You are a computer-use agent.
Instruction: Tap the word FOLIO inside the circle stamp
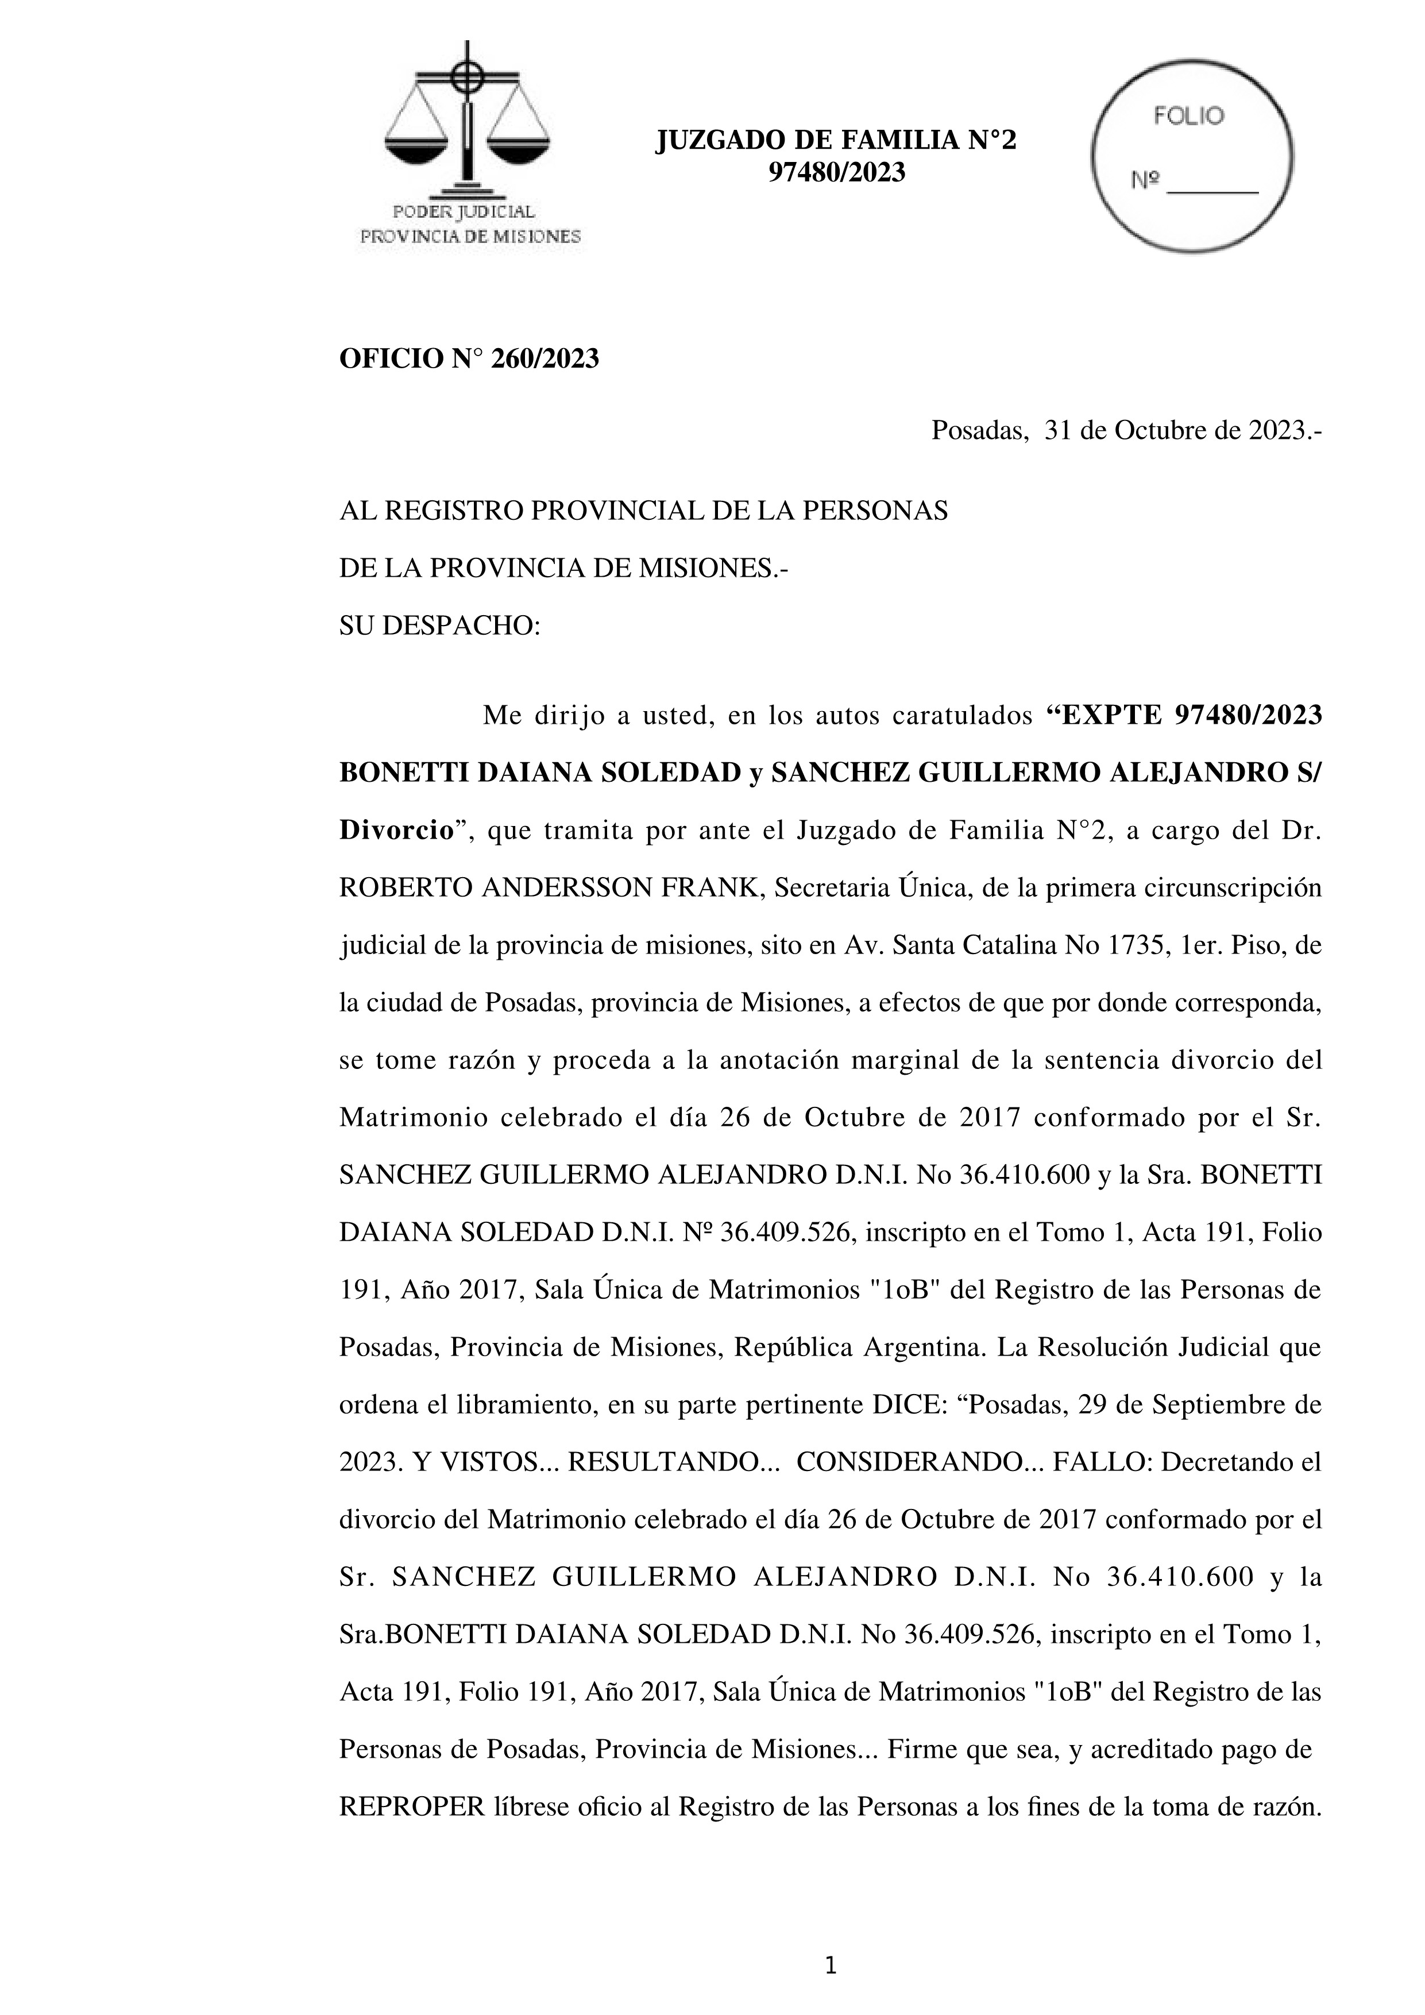pyautogui.click(x=1188, y=117)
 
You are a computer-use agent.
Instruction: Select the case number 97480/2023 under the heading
pyautogui.click(x=836, y=173)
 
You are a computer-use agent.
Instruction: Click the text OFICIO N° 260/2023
pyautogui.click(x=469, y=359)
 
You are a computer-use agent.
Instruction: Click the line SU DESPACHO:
pyautogui.click(x=439, y=627)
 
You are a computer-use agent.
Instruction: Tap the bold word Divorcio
pyautogui.click(x=395, y=830)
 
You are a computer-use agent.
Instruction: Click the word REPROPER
pyautogui.click(x=411, y=1807)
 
